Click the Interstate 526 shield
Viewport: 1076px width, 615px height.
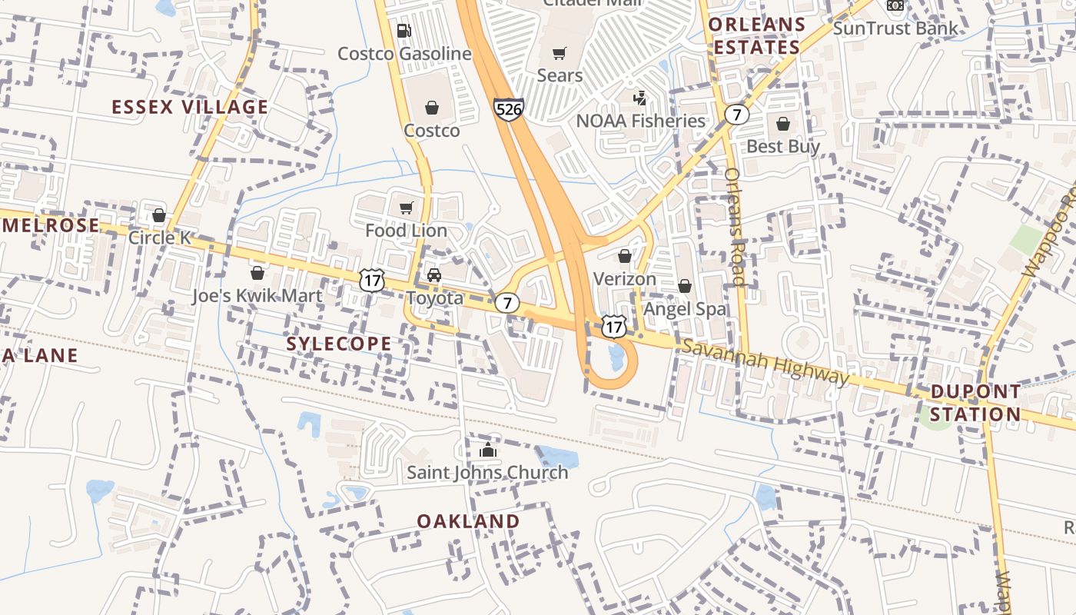509,109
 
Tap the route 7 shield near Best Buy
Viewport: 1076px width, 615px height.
736,115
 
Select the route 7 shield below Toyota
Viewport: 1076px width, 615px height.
506,303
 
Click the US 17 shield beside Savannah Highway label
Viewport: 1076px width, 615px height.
613,326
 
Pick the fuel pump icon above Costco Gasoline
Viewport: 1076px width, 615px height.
403,31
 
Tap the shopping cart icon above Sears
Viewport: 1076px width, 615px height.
560,53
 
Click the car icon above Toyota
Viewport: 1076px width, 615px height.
434,275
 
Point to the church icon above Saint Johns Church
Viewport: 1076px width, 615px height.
487,450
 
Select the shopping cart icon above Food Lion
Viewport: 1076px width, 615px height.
407,208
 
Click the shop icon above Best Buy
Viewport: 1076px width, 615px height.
783,124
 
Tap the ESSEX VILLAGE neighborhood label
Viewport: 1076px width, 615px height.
191,107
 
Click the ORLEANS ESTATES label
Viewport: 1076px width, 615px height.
756,36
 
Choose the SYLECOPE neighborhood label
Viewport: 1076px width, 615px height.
339,344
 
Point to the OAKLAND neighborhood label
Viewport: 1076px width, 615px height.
468,521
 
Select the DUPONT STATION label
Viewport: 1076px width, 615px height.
975,403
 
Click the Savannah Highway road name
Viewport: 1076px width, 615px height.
765,362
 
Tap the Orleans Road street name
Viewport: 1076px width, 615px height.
736,227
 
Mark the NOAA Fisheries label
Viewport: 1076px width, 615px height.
641,121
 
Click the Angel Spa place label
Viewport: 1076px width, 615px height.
685,309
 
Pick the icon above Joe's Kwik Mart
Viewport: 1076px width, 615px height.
257,273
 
